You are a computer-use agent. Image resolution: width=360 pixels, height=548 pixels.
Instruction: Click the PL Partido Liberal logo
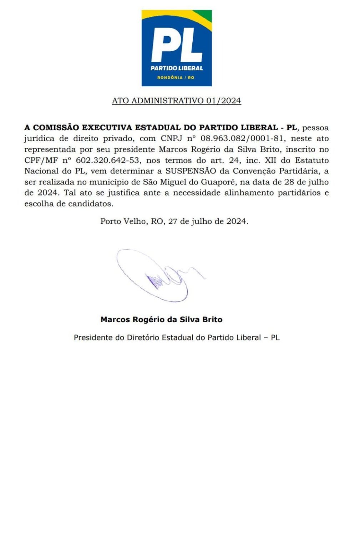(x=177, y=48)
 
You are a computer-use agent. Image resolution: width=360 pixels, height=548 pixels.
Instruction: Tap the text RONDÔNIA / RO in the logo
(x=176, y=77)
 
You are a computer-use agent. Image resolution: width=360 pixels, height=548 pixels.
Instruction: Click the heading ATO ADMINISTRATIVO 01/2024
(x=176, y=101)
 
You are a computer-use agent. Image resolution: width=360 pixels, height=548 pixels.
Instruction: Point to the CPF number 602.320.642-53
(x=107, y=160)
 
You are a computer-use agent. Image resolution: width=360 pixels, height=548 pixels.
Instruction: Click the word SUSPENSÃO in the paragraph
(x=191, y=171)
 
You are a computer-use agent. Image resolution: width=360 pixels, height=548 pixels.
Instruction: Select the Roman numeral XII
(x=270, y=160)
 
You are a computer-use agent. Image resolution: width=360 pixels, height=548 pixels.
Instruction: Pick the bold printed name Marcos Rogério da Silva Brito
(x=161, y=319)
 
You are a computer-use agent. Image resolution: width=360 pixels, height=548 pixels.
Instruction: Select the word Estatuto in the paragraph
(x=311, y=160)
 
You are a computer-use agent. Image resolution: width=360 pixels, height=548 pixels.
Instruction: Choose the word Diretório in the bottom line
(x=143, y=338)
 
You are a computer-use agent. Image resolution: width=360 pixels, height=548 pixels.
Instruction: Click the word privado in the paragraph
(x=117, y=138)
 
